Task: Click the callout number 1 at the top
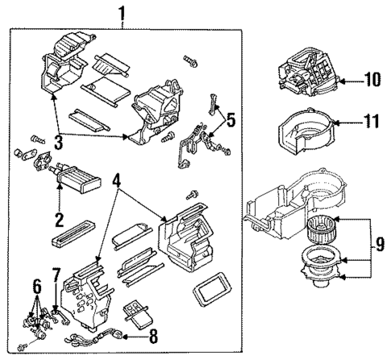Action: pyautogui.click(x=123, y=14)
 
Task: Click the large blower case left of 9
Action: pyautogui.click(x=282, y=206)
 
